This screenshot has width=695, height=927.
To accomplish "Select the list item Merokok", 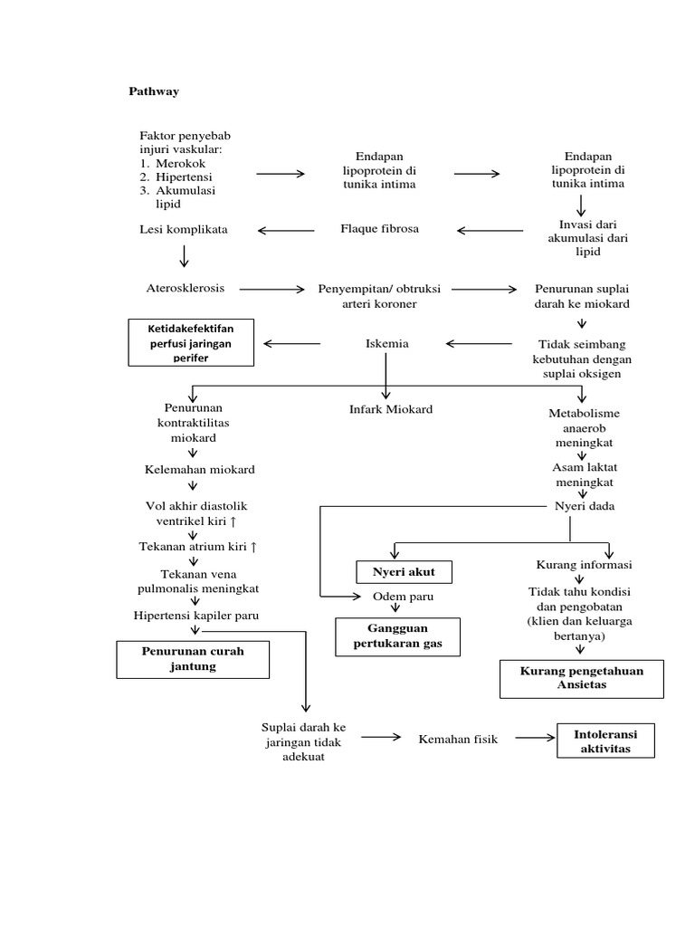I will tap(180, 163).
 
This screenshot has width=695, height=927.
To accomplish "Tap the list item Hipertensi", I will tap(185, 177).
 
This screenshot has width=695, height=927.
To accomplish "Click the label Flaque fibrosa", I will tap(379, 229).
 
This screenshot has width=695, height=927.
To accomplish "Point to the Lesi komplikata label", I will tap(184, 230).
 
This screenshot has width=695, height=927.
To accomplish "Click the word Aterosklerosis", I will tap(186, 288).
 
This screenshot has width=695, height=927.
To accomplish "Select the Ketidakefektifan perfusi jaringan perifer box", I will tap(192, 342).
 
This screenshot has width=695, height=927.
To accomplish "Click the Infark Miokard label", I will tap(391, 409).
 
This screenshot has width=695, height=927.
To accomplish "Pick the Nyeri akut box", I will tap(404, 572).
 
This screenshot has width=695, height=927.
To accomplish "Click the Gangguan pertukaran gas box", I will tap(397, 636).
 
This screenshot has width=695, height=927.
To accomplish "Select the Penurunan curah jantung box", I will tap(193, 659).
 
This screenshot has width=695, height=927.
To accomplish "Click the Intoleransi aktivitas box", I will tap(605, 741).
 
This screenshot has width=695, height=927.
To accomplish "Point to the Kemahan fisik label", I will tap(458, 740).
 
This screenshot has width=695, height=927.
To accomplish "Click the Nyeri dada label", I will tap(584, 506).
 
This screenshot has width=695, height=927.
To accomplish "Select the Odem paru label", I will tap(403, 597).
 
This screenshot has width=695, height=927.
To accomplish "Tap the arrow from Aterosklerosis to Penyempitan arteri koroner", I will tap(272, 290).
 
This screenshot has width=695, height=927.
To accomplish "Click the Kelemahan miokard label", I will tap(199, 470).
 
